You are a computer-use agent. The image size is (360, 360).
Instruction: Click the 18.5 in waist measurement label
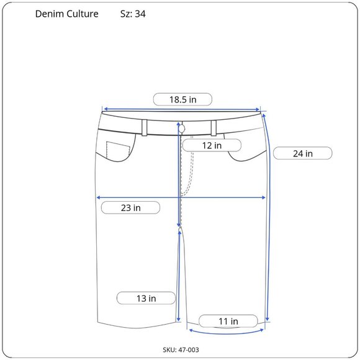pos(182,99)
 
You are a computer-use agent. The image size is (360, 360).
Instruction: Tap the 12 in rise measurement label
pos(212,145)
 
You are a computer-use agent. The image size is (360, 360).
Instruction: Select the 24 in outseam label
pos(303,153)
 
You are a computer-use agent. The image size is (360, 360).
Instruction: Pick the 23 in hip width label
pos(130,208)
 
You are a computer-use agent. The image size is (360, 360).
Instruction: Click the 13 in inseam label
pos(146,298)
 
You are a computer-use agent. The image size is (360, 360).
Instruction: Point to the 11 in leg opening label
pos(228,321)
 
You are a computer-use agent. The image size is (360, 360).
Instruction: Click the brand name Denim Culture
pos(67,14)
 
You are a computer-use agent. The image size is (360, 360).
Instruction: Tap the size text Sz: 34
pos(133,14)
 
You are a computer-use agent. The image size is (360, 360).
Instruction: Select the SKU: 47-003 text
pos(181,349)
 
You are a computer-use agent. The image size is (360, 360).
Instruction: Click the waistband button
pos(182,129)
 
